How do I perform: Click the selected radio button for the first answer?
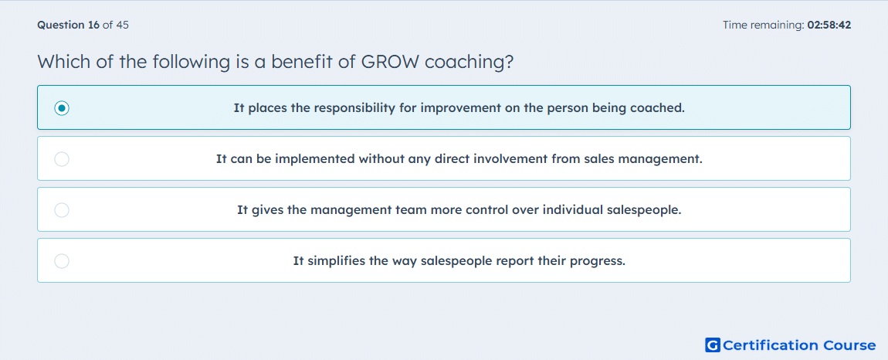(62, 107)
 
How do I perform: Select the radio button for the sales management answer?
(62, 159)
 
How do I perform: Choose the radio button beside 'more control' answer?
(62, 210)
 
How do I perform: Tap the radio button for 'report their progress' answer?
(62, 261)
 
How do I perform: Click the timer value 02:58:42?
(829, 25)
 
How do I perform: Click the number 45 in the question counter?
(122, 25)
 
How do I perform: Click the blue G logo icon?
(713, 345)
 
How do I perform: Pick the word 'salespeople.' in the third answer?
(644, 210)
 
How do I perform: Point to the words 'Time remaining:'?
(763, 25)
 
